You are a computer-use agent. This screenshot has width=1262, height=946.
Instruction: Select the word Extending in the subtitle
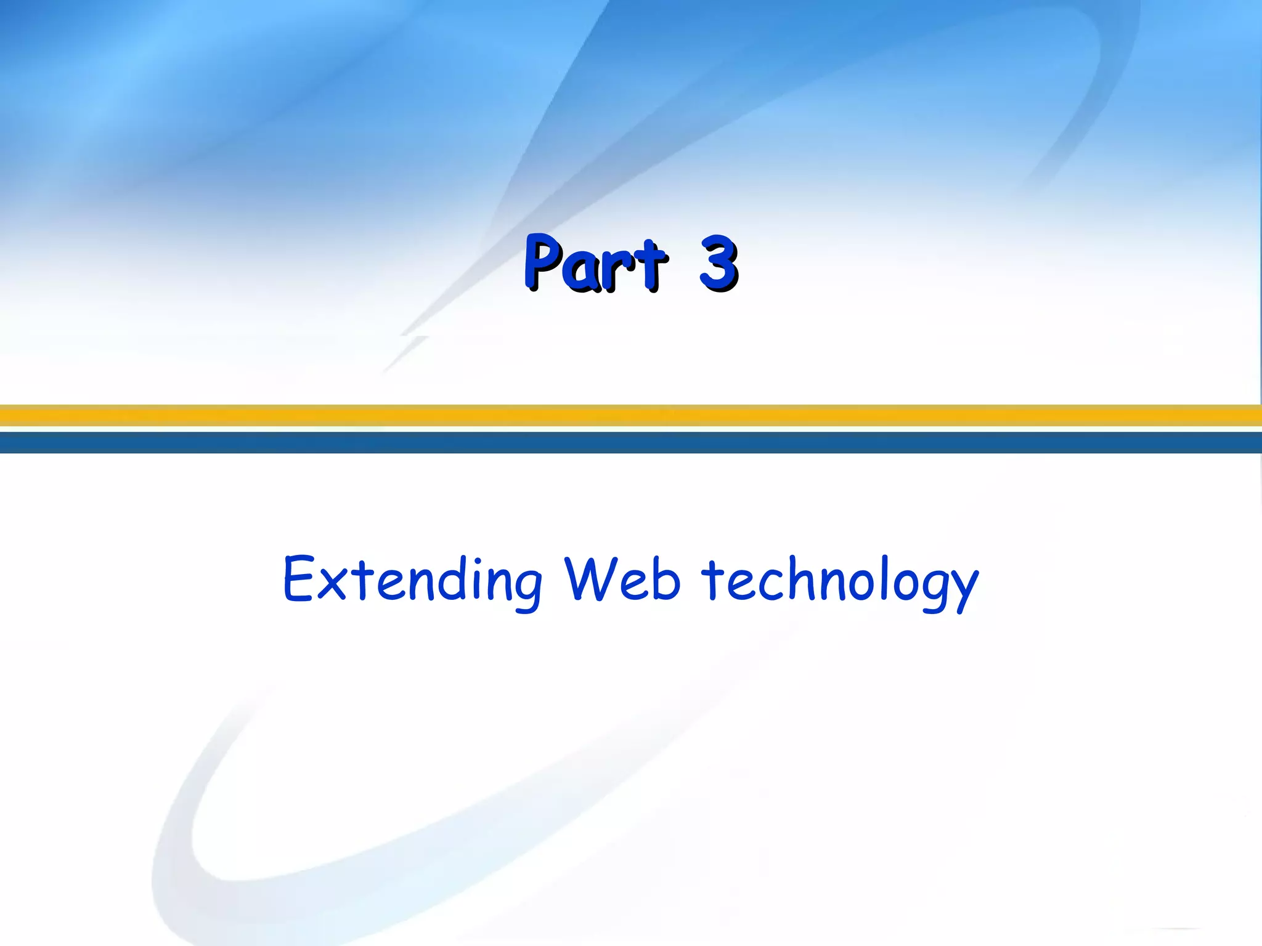click(x=412, y=580)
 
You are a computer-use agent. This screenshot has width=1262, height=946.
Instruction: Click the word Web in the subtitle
click(x=622, y=580)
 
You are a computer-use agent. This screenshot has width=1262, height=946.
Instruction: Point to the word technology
click(x=840, y=581)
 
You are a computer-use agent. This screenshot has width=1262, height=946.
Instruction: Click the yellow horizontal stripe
click(x=631, y=415)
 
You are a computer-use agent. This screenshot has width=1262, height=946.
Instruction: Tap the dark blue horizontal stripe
click(x=631, y=442)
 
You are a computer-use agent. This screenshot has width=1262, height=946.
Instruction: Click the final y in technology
click(x=962, y=589)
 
